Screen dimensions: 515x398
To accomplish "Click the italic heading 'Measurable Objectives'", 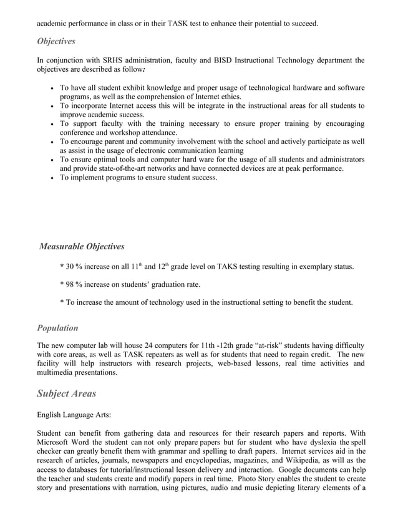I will tap(82, 246).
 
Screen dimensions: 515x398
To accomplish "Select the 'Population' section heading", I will tap(57, 327).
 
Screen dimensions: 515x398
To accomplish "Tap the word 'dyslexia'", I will tap(324, 451).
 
